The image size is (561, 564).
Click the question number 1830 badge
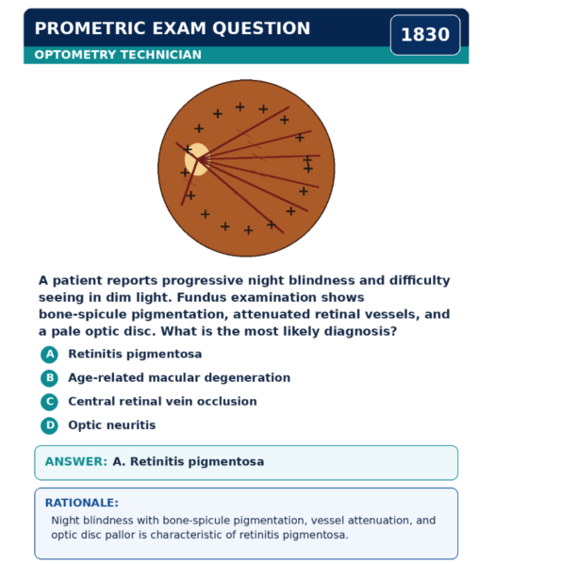[425, 35]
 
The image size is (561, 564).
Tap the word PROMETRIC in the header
[90, 28]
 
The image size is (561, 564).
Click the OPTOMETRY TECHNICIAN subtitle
[118, 55]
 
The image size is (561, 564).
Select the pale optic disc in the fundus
[197, 159]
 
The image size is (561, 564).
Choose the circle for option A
[50, 355]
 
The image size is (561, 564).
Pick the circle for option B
[50, 378]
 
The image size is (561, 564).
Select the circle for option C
[50, 402]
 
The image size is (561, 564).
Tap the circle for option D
[50, 426]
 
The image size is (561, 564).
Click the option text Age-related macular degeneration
[179, 377]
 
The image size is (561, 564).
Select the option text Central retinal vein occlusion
[162, 402]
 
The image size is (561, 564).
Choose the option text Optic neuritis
[112, 425]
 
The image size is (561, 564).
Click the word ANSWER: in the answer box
[76, 461]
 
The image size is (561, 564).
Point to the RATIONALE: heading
[82, 503]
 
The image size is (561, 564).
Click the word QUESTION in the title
[261, 28]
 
